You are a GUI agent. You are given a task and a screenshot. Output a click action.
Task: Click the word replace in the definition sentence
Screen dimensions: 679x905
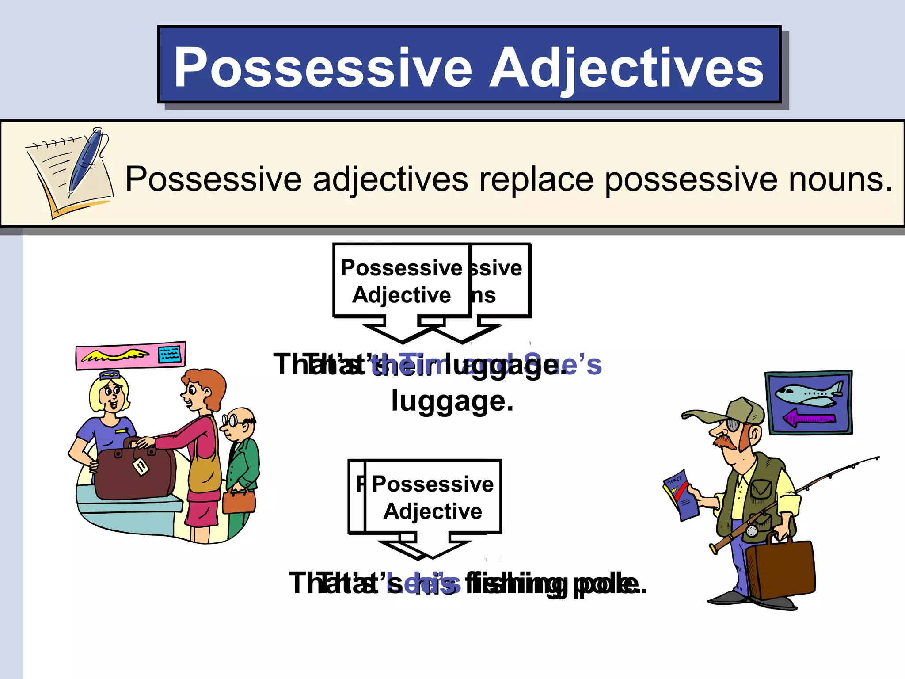(536, 179)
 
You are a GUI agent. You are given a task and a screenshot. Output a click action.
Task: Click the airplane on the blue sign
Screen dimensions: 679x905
(808, 393)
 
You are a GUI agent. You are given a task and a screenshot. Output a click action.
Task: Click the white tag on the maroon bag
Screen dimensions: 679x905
(141, 466)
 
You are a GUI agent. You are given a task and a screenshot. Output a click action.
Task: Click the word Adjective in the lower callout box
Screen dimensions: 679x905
(433, 511)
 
